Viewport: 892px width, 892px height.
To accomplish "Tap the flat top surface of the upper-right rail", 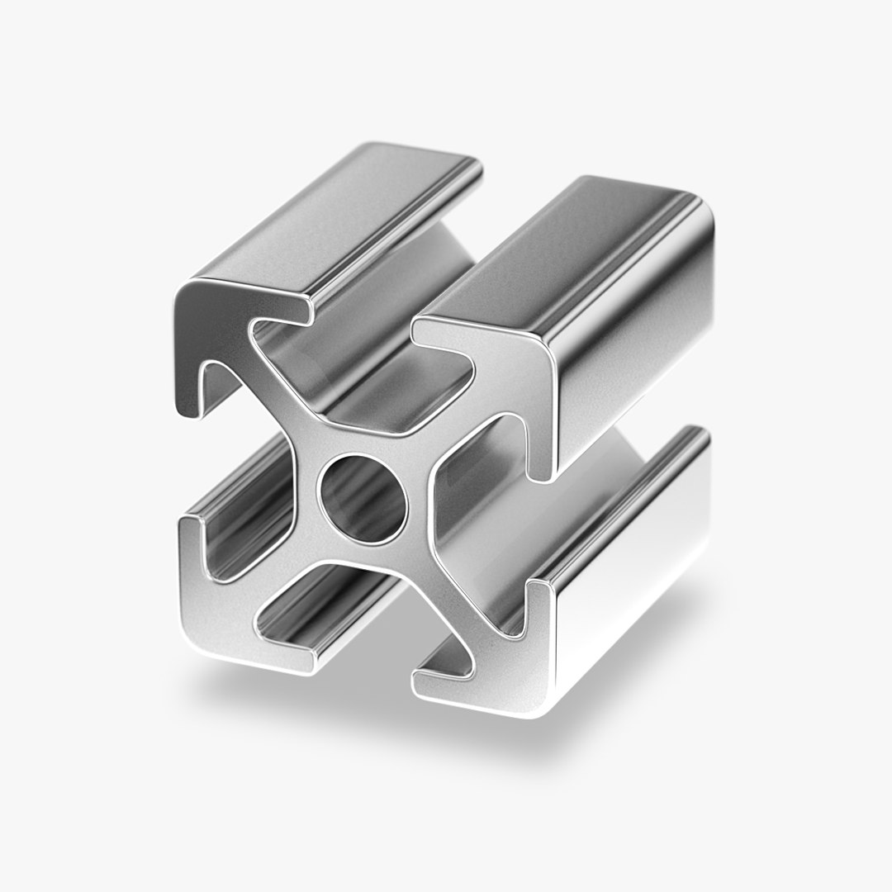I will [x=570, y=248].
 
